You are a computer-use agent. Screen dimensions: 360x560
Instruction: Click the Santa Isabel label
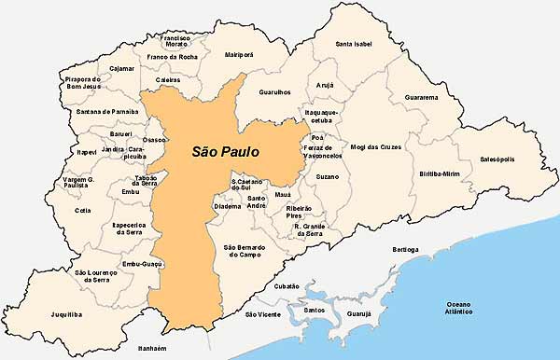point(358,44)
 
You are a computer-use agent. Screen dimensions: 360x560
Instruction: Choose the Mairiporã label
point(240,55)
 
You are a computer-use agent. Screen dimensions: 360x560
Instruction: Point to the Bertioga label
point(406,250)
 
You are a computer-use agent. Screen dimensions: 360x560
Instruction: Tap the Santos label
point(315,309)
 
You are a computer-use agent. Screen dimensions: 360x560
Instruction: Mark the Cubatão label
point(288,285)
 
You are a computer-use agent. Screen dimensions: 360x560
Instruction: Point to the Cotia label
point(83,210)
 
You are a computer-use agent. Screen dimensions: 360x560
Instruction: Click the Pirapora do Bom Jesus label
point(83,84)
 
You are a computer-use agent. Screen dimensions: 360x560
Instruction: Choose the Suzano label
point(328,174)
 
